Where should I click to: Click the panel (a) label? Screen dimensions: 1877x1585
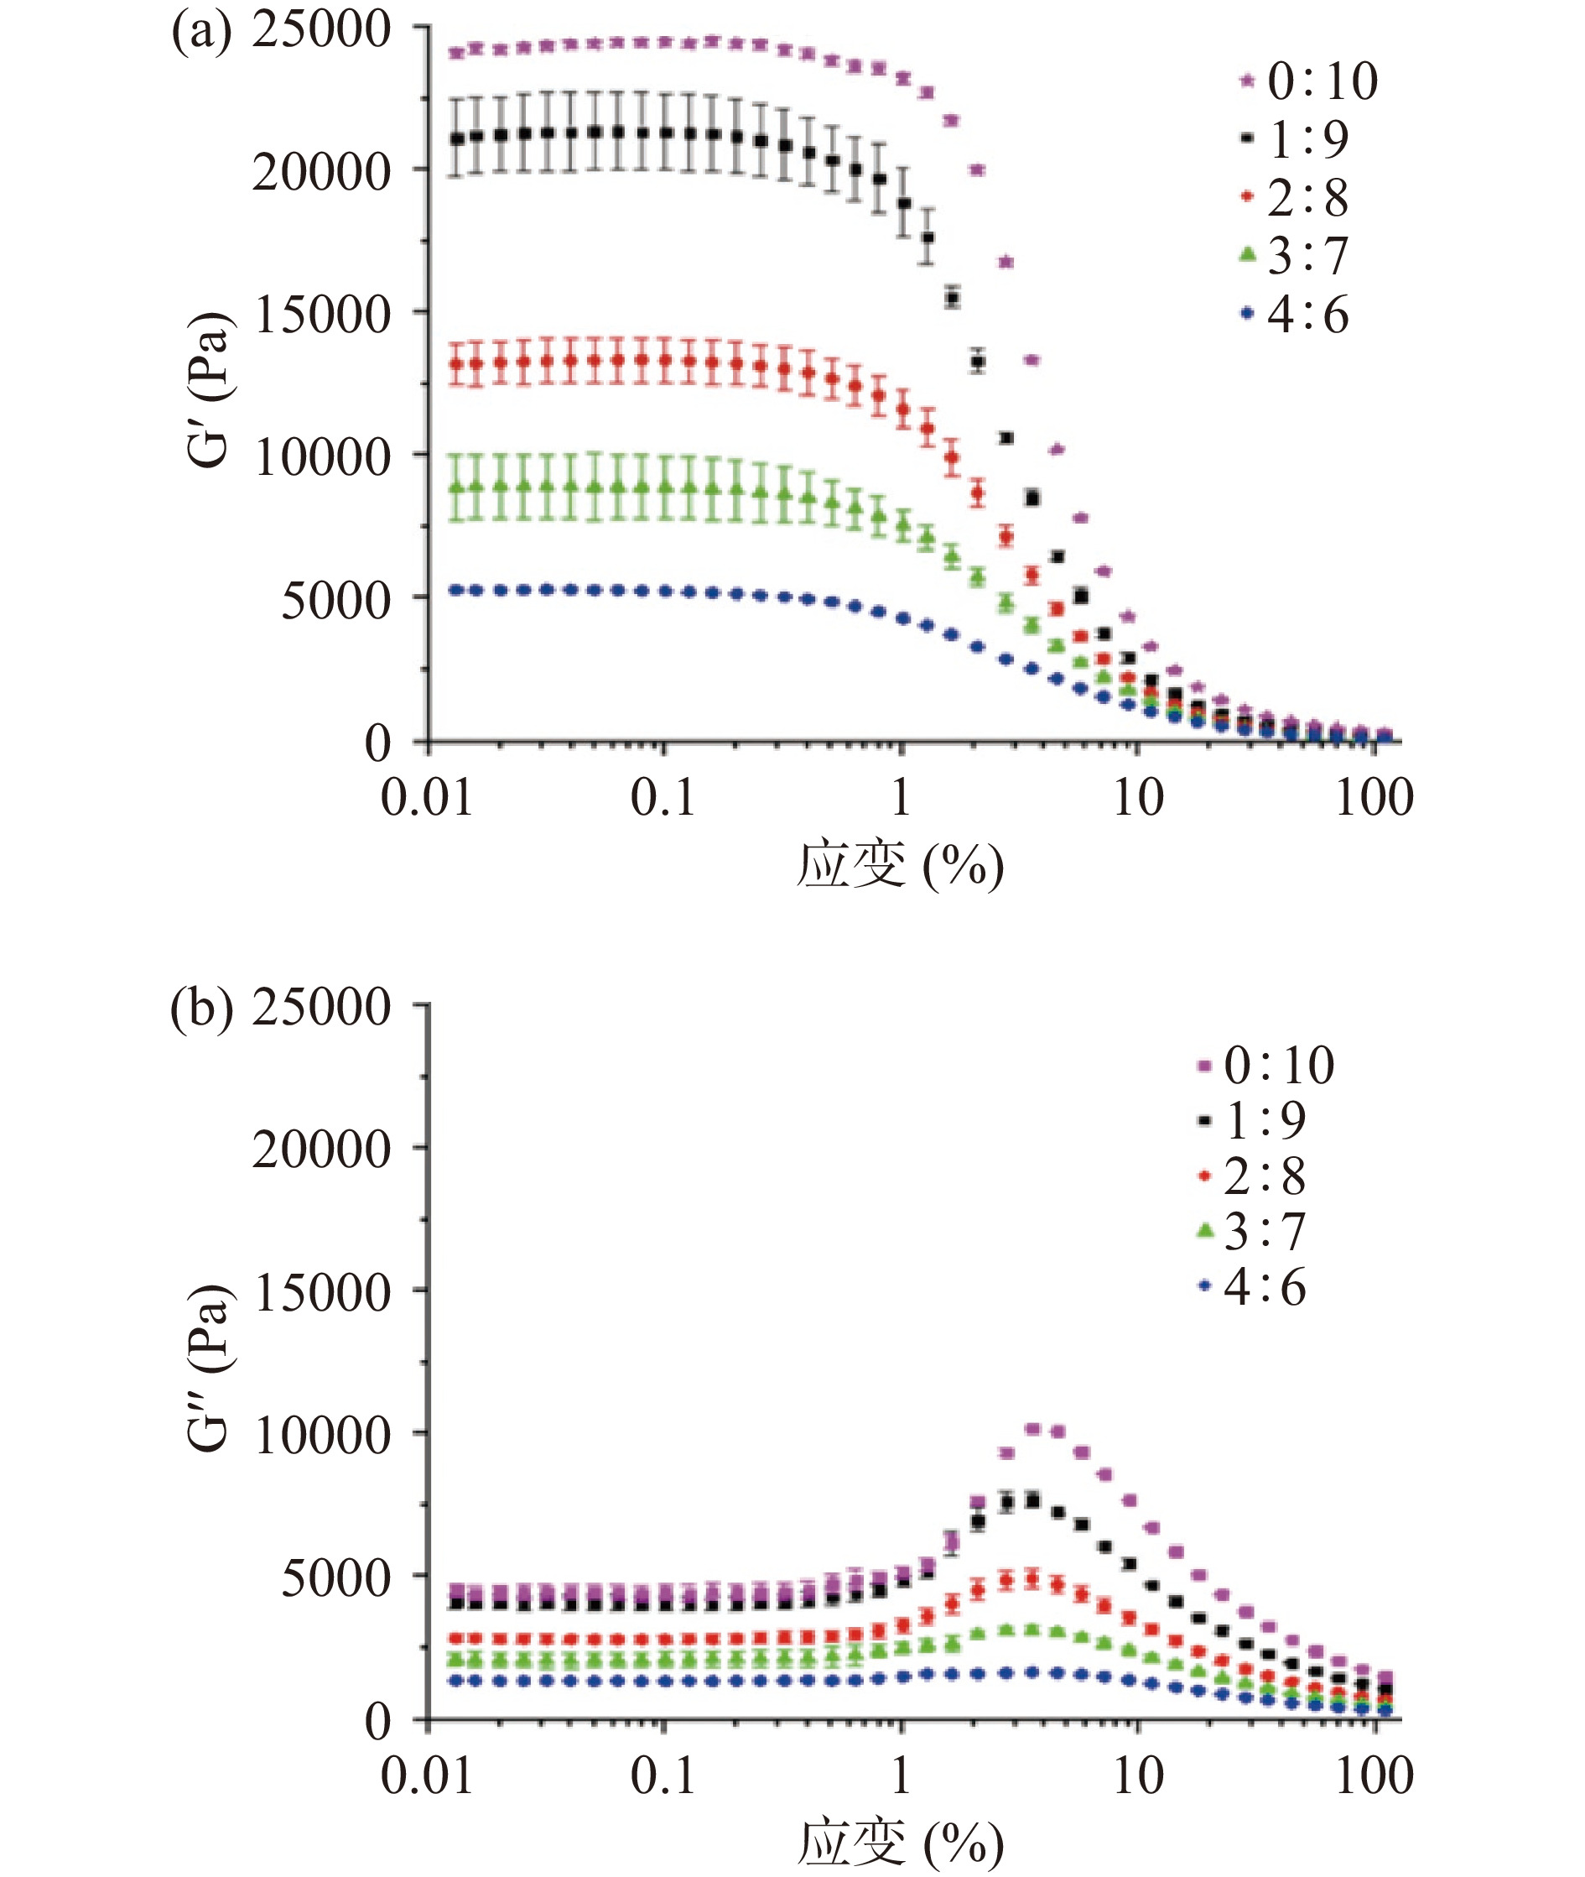coord(201,34)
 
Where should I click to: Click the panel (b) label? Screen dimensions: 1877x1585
coord(201,1008)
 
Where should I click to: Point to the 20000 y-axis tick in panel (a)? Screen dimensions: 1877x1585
coord(320,172)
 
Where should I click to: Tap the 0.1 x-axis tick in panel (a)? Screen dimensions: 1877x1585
coord(663,797)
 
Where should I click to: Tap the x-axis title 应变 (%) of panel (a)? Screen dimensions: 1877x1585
coord(899,865)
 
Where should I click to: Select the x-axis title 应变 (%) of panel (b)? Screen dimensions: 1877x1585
coord(899,1841)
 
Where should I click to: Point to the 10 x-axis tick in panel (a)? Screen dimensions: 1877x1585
coord(1137,797)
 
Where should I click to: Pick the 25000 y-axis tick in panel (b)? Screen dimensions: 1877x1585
coord(320,1007)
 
